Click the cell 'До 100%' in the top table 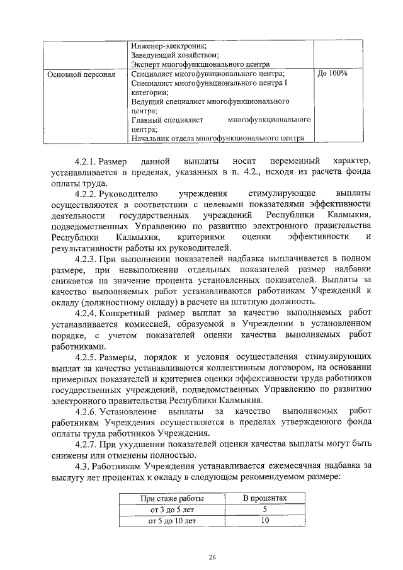click(x=332, y=74)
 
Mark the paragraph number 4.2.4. click(x=86, y=312)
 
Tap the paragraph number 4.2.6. click(x=86, y=411)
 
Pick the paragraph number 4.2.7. click(x=86, y=444)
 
